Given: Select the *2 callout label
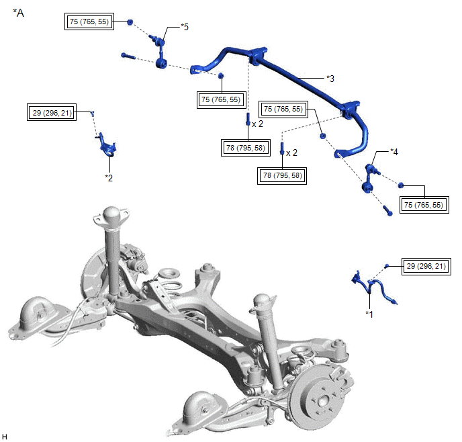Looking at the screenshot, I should click(109, 177).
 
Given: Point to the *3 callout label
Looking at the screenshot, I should click(330, 79).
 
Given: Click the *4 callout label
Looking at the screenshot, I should click(394, 152).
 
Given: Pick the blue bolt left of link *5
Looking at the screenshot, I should click(129, 56).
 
